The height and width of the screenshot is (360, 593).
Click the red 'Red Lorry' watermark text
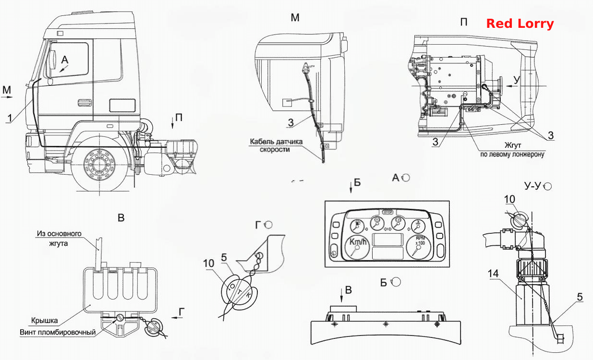(x=520, y=24)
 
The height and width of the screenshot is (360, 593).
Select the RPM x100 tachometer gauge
(x=419, y=247)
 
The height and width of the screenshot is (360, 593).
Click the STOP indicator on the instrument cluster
(x=388, y=212)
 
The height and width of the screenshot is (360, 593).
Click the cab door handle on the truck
(x=85, y=103)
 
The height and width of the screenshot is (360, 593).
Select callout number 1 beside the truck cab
(x=10, y=118)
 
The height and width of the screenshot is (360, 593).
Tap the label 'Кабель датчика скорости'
(x=276, y=145)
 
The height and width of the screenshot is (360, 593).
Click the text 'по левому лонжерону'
(x=512, y=154)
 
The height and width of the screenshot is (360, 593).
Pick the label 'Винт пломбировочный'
(x=58, y=332)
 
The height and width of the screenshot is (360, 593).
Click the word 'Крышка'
(x=45, y=321)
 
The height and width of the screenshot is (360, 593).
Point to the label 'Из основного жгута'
(x=59, y=238)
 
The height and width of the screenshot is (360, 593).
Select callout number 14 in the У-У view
(x=493, y=274)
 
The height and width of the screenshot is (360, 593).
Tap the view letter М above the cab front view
(x=295, y=18)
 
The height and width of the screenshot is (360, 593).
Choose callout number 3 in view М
(x=290, y=122)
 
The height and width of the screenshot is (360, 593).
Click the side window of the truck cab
(x=69, y=60)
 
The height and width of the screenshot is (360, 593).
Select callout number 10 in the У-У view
(x=509, y=199)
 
